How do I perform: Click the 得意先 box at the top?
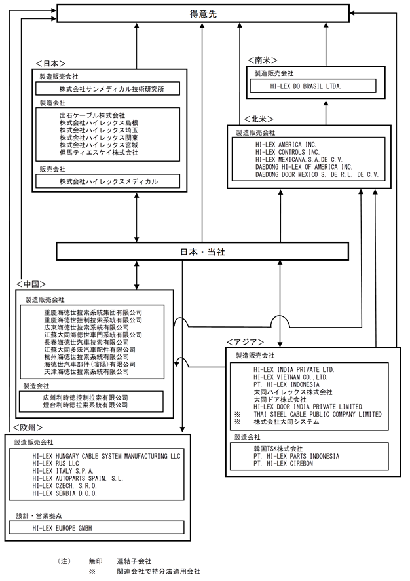(203, 13)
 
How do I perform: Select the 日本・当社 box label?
(202, 252)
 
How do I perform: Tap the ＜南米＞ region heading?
(262, 60)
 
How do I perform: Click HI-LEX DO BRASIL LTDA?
(306, 86)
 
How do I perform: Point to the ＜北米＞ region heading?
(259, 119)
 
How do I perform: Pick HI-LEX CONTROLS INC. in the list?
(288, 152)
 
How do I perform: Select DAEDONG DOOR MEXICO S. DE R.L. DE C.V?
(317, 174)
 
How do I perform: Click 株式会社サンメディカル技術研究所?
(112, 89)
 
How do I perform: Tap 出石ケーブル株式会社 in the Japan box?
(92, 115)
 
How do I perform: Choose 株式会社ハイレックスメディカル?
(109, 182)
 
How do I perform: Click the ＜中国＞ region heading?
(31, 284)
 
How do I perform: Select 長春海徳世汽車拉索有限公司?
(86, 343)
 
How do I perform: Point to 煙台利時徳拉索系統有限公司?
(86, 405)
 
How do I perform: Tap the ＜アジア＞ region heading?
(245, 342)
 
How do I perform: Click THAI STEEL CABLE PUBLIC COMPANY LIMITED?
(318, 414)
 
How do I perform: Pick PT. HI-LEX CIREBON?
(284, 464)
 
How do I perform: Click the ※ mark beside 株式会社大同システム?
(237, 422)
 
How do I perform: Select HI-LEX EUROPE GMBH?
(62, 528)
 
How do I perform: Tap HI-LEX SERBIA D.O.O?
(64, 493)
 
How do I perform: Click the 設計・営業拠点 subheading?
(39, 515)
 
